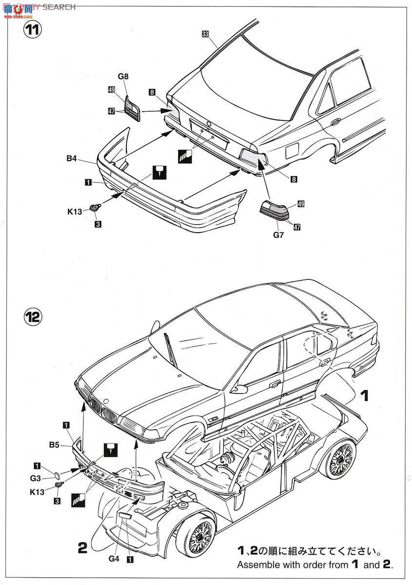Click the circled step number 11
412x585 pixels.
[x=33, y=29]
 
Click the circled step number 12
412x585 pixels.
[x=33, y=317]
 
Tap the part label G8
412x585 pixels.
[x=122, y=76]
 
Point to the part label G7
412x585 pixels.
[x=278, y=235]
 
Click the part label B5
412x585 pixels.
[x=54, y=445]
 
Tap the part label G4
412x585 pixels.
[x=114, y=559]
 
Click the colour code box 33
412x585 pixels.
[x=205, y=34]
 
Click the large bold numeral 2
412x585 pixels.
[x=81, y=548]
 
